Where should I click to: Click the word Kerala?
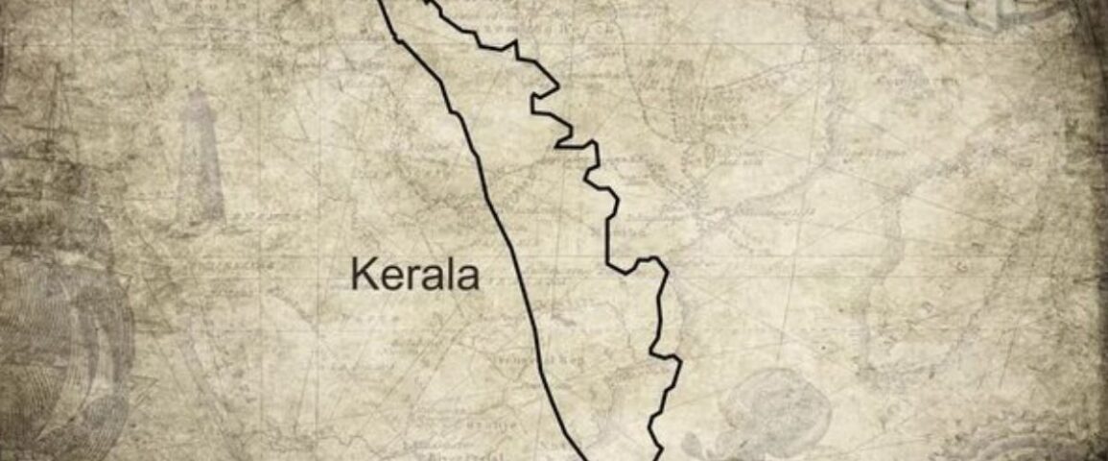(414, 275)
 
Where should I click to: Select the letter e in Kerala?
(386, 278)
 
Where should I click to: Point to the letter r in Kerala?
(403, 278)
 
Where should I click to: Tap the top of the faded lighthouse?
(199, 92)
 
